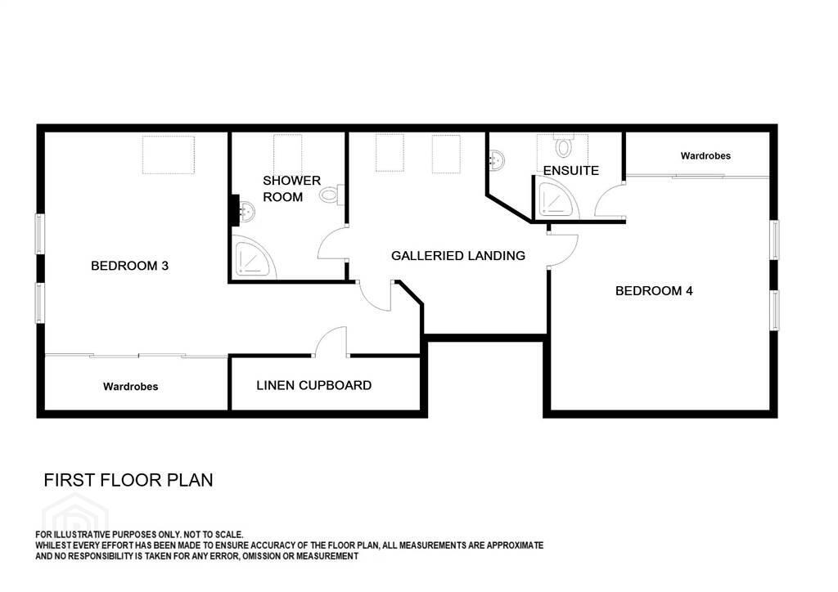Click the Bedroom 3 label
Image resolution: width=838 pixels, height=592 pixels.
coord(130,266)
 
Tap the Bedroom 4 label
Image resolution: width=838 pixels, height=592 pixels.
coord(654,291)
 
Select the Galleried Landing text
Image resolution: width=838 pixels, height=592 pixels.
coord(458,256)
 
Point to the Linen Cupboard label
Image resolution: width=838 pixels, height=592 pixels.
coord(313,385)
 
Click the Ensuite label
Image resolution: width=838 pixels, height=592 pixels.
coord(570,171)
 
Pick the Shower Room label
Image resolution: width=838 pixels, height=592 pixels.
coord(292,188)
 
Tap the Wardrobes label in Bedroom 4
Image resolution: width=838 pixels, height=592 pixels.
coord(705,156)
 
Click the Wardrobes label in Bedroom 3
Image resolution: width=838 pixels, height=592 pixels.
coord(130,387)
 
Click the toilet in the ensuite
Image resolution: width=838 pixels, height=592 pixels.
coord(563,146)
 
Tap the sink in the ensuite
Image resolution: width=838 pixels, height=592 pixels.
coord(497,159)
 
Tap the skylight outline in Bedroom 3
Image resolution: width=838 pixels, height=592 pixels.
coord(169,155)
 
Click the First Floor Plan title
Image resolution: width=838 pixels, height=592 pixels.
coord(128,480)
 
